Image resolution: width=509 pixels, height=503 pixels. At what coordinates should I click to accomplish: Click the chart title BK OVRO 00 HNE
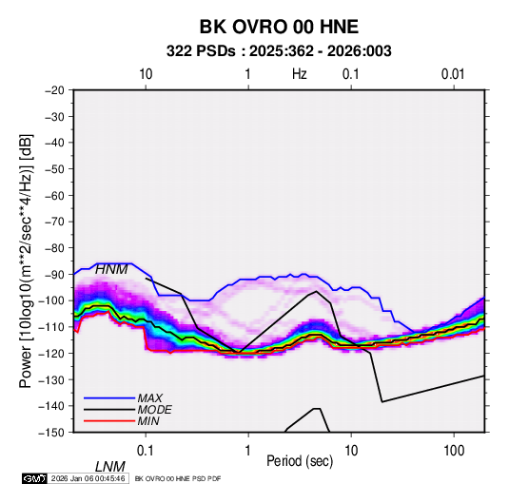(x=279, y=27)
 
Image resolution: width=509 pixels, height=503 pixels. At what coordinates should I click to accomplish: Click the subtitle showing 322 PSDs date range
(x=279, y=51)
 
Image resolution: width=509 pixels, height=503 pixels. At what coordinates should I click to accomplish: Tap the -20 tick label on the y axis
(x=54, y=90)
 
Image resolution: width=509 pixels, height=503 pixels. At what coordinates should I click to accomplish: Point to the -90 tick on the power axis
(x=54, y=274)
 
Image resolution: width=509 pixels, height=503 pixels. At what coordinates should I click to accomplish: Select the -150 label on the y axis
(x=52, y=433)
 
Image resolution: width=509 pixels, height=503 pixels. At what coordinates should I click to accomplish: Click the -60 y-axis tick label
(x=54, y=195)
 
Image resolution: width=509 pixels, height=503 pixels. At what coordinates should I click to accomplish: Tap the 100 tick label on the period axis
(x=454, y=451)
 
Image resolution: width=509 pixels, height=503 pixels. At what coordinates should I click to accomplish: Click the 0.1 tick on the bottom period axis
(x=146, y=451)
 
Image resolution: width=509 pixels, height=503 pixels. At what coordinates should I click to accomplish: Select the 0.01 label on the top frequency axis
(x=453, y=74)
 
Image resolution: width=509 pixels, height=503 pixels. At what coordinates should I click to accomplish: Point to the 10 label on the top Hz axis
(x=146, y=74)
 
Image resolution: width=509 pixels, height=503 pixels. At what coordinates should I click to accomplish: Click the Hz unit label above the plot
(x=300, y=74)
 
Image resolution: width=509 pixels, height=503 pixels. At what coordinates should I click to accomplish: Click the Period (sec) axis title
(x=300, y=461)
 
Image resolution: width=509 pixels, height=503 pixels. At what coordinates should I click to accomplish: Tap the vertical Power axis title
(x=26, y=261)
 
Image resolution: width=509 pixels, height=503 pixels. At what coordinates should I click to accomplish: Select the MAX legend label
(x=149, y=398)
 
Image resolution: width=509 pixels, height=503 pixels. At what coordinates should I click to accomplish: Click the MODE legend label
(x=154, y=410)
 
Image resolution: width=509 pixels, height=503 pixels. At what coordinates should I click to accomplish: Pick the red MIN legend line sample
(x=109, y=421)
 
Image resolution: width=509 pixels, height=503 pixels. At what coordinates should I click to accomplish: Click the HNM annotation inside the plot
(x=111, y=269)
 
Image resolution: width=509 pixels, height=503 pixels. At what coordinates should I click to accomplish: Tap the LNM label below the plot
(x=109, y=467)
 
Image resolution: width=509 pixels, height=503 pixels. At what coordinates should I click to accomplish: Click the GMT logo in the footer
(x=34, y=478)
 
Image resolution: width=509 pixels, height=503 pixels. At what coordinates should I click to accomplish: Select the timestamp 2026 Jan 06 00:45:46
(x=88, y=478)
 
